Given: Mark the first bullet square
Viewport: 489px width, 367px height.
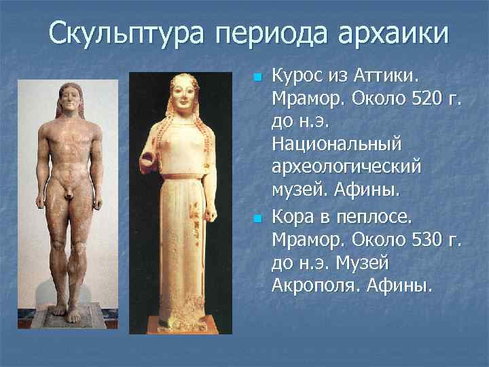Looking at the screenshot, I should pyautogui.click(x=257, y=75).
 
